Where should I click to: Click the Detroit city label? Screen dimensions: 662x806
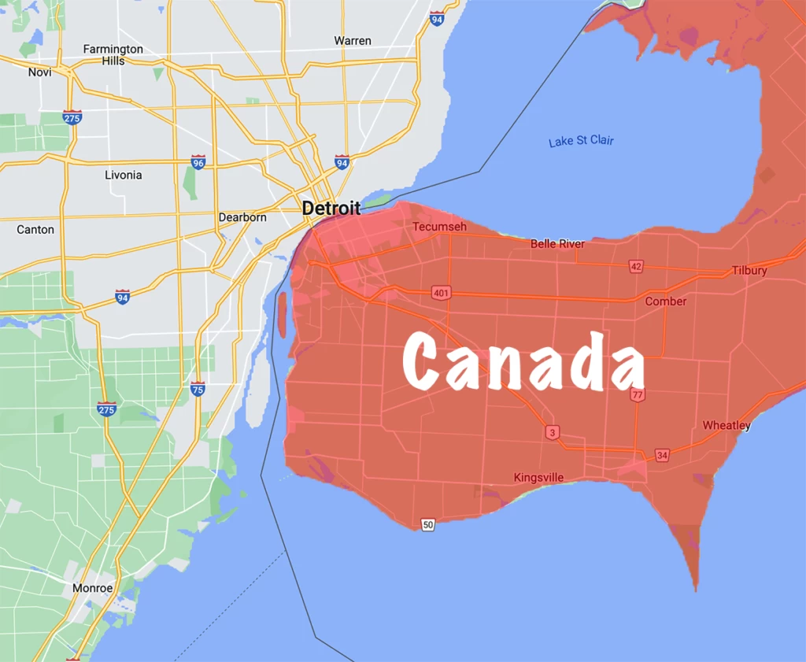point(331,209)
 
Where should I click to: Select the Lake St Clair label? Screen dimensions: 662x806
point(581,141)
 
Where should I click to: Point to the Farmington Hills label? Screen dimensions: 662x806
point(113,54)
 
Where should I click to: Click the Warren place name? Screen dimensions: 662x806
point(353,40)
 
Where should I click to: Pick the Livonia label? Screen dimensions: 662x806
point(124,175)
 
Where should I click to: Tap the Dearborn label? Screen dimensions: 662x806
point(242,217)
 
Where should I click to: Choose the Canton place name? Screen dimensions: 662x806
point(35,230)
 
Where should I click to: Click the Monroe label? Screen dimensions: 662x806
point(93,588)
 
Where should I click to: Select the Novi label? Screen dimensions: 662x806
point(39,72)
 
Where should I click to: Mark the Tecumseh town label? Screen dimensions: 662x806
point(440,227)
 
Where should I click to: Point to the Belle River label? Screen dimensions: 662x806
point(557,244)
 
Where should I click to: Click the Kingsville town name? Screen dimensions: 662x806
point(539,477)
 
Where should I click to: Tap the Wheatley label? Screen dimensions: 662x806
point(727,425)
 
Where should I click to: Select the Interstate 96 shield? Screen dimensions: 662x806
point(198,163)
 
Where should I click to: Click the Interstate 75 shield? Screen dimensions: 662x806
point(198,388)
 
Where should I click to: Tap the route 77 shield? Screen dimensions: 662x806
point(638,394)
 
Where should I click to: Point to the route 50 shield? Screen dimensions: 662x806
point(427,524)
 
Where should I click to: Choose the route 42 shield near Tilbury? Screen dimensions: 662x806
point(636,266)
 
